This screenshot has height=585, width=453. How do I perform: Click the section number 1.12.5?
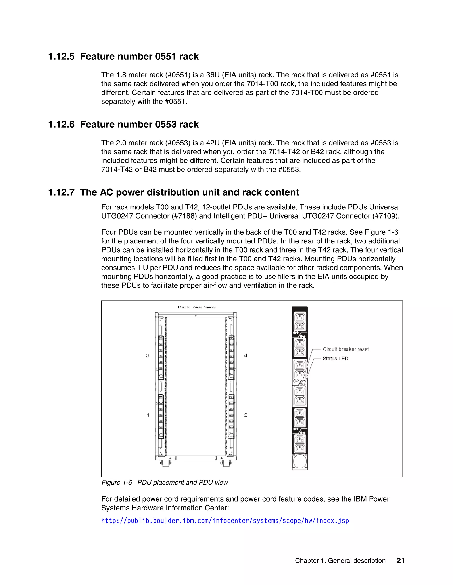[x=61, y=57]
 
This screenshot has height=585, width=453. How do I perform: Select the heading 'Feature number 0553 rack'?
[x=139, y=125]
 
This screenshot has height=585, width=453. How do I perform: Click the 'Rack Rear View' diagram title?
[x=196, y=307]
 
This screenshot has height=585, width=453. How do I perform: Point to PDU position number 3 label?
[x=148, y=355]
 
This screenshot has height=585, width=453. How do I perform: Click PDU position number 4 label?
[x=245, y=355]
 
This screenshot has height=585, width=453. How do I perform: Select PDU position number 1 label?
[x=148, y=415]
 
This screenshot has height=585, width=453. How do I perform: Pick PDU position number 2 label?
[x=245, y=415]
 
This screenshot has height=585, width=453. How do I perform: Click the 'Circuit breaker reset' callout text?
[x=345, y=349]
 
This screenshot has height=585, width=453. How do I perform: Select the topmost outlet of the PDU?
[x=300, y=318]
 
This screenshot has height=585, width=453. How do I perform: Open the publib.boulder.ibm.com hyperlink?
[x=225, y=521]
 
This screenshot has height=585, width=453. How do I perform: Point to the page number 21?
[x=400, y=561]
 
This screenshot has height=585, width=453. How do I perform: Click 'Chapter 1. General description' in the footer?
[x=340, y=561]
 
